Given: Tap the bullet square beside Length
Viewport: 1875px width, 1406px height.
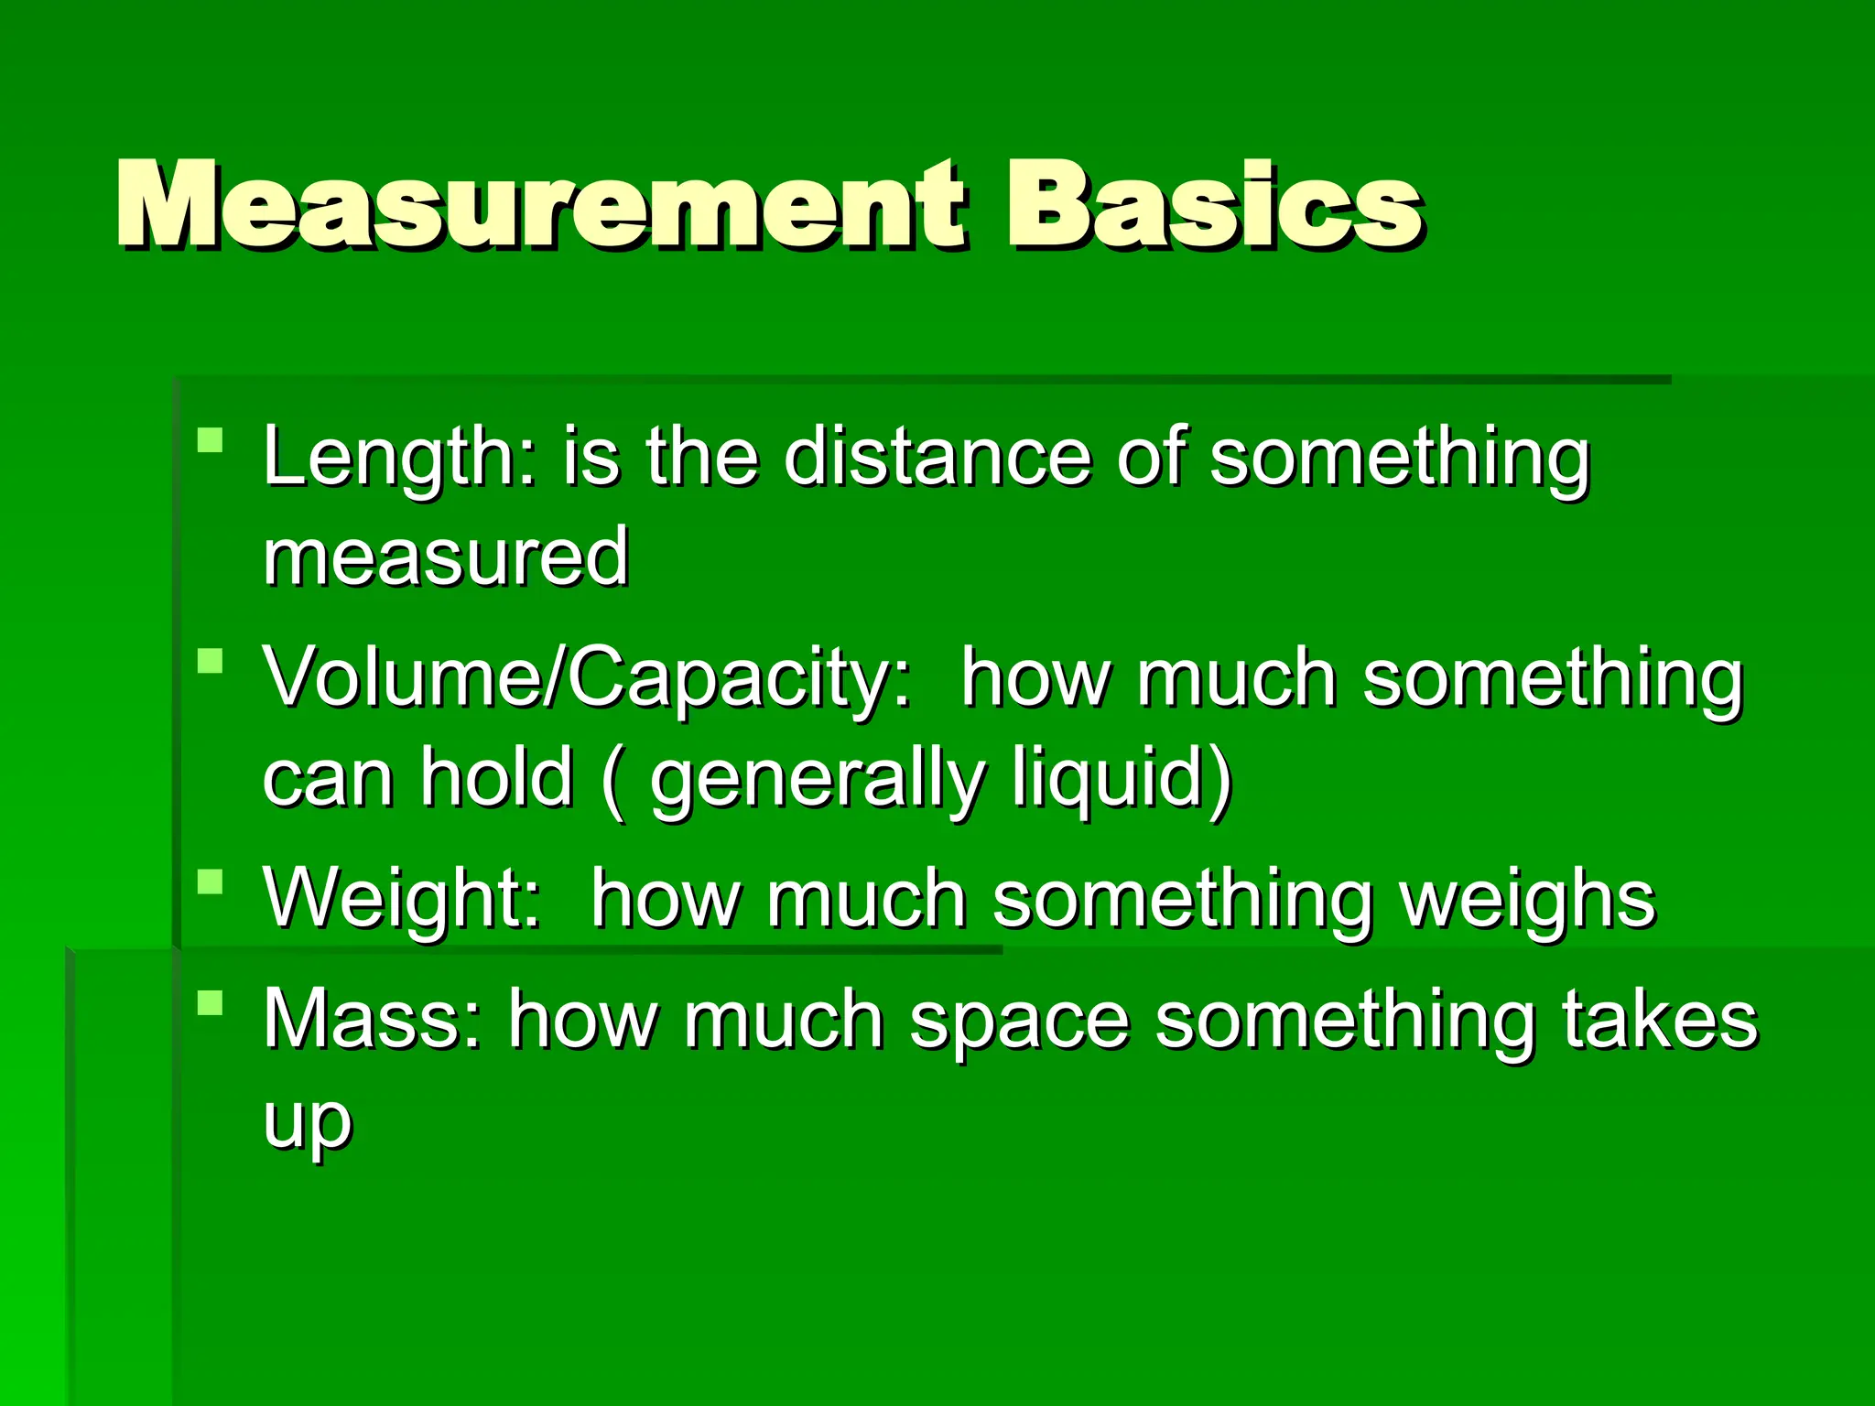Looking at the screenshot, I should [211, 441].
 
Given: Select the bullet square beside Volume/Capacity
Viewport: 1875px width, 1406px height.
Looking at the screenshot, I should [211, 661].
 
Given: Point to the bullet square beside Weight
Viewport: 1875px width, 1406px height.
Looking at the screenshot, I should [211, 882].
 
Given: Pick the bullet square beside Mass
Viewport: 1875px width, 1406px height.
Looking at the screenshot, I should [211, 1003].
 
